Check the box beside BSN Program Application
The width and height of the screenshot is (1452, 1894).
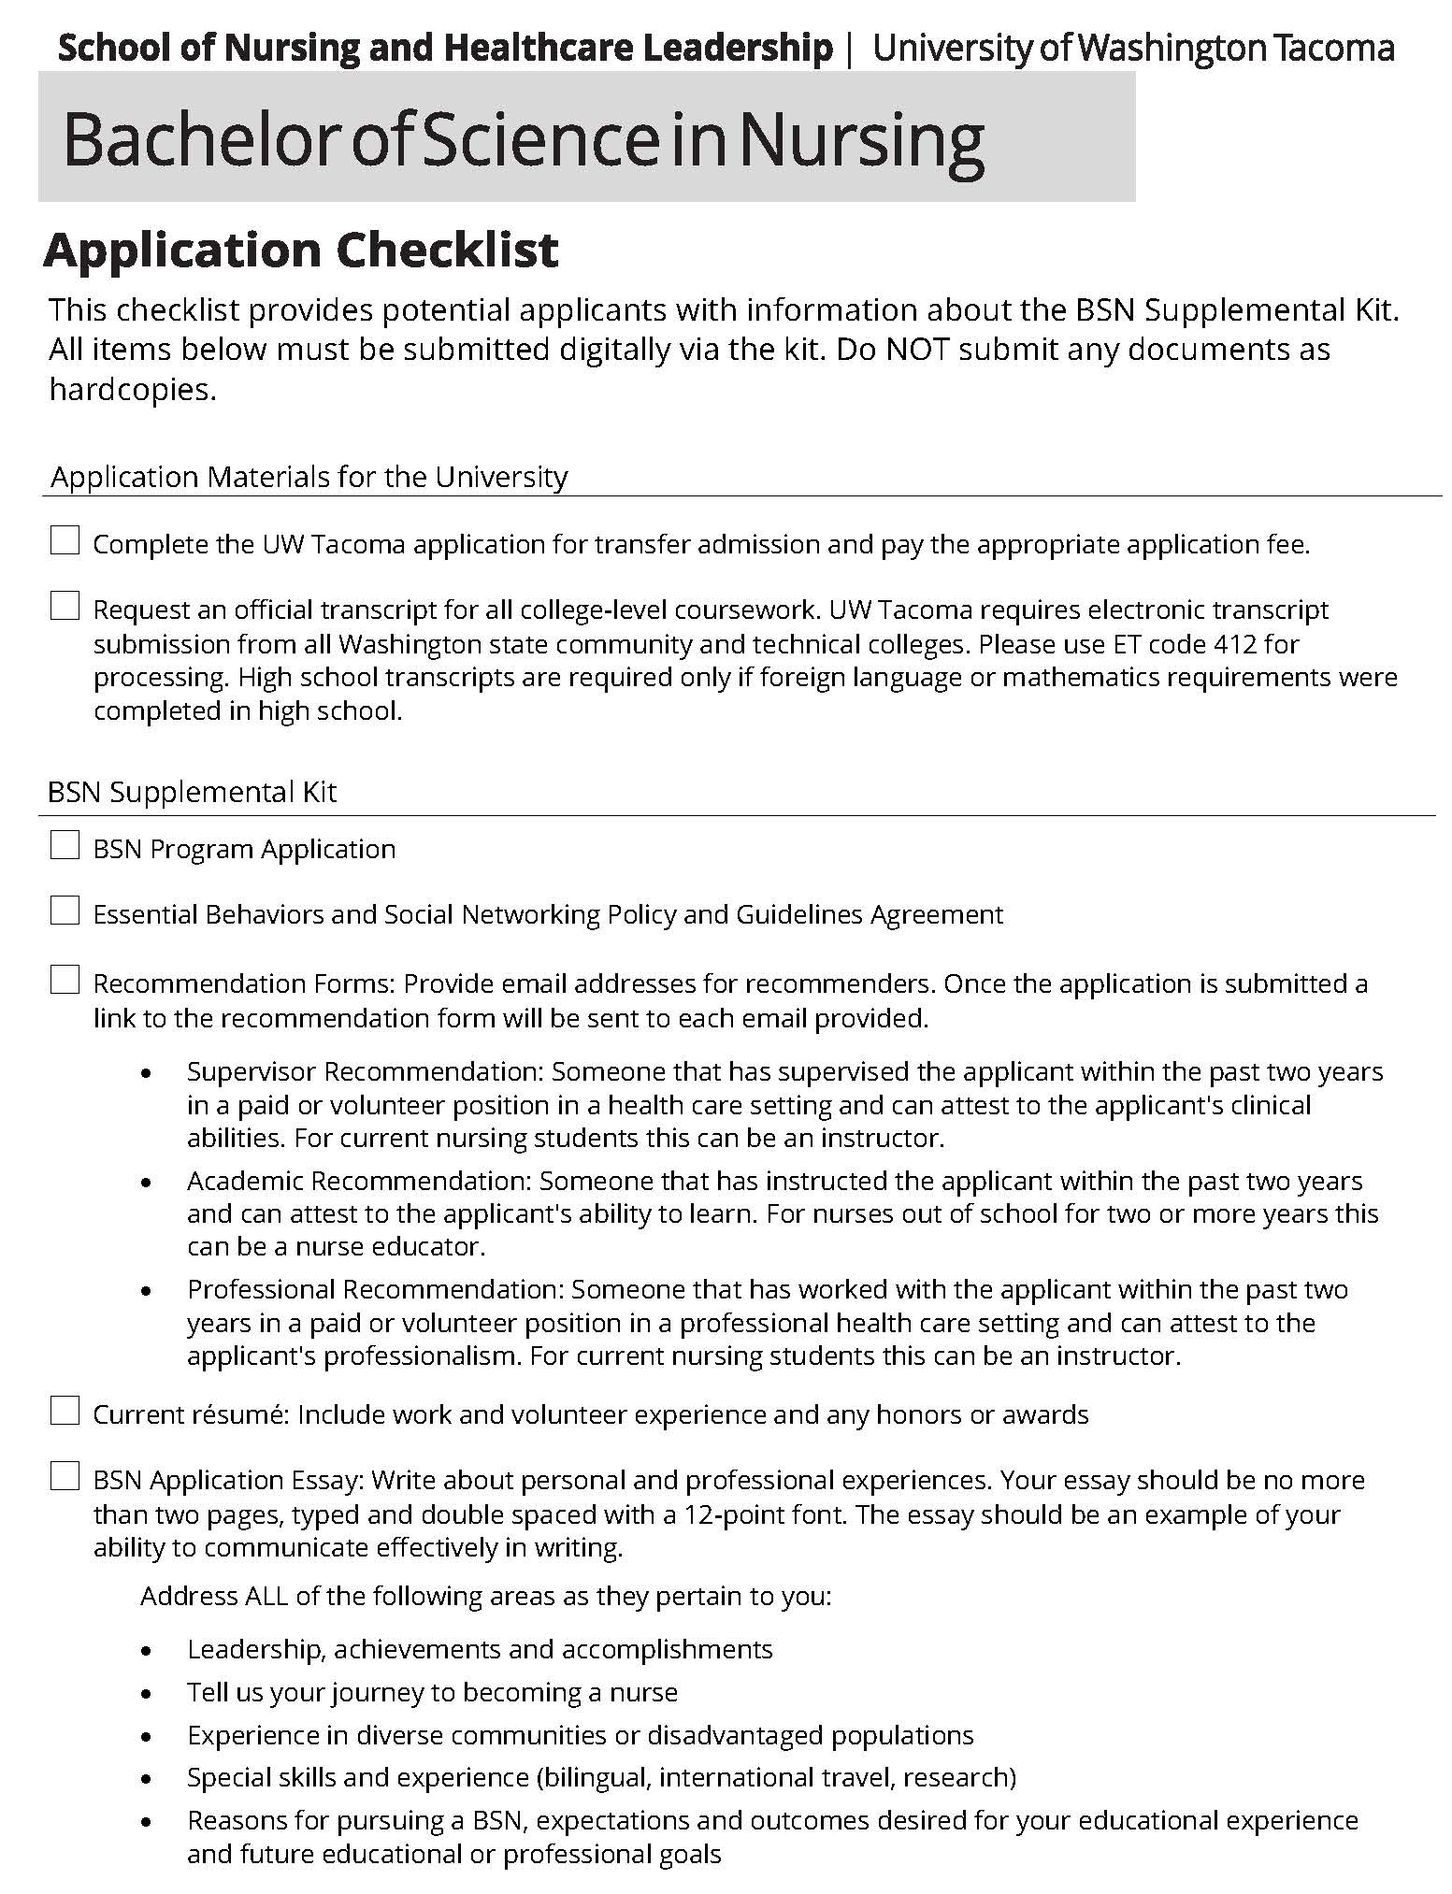coord(65,846)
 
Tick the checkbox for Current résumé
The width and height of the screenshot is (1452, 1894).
coord(65,1411)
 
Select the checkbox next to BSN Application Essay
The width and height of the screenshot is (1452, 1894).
coord(65,1477)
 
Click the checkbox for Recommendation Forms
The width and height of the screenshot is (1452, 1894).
coord(65,981)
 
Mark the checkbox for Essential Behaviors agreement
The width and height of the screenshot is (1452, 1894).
coord(65,911)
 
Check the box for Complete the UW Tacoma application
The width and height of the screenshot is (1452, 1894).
coord(65,540)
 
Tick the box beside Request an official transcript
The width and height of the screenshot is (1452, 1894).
coord(65,607)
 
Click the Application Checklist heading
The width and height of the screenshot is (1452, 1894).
coord(301,251)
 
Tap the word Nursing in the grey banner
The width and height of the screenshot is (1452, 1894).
coord(864,139)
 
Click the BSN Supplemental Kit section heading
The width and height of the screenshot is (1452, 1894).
coord(192,793)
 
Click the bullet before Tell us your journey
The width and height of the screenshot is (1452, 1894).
coord(146,1693)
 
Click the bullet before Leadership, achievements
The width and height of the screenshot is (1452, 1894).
coord(146,1650)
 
